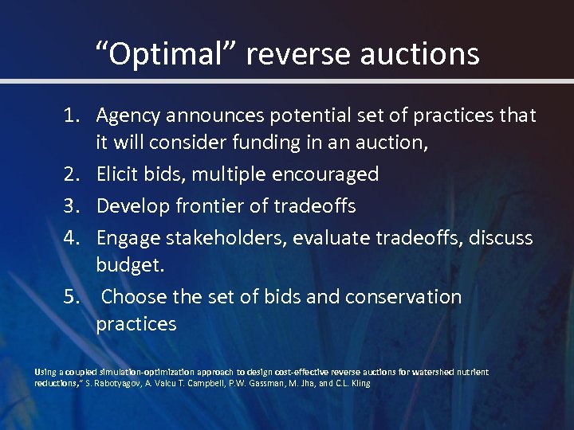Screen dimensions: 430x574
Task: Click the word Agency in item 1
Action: pos(128,116)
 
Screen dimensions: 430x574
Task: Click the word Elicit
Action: pos(118,174)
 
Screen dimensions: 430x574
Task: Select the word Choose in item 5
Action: pos(132,297)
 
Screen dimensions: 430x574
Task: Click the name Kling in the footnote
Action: pos(359,383)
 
